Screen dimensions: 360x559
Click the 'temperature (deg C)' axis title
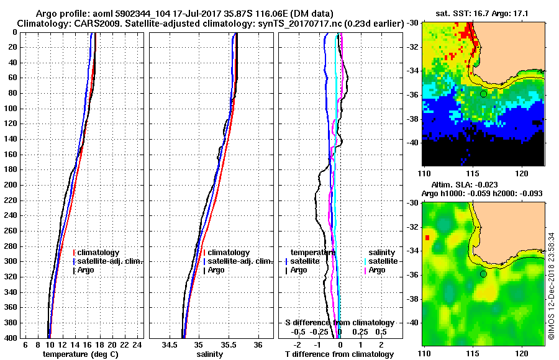(80, 354)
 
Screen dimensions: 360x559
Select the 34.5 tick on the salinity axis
(169, 344)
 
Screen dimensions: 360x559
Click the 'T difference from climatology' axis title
(340, 354)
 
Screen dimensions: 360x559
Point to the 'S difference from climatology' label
(340, 323)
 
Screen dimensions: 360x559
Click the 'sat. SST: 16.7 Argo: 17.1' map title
(484, 12)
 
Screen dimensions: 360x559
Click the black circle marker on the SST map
(483, 94)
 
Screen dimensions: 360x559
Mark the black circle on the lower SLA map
(483, 274)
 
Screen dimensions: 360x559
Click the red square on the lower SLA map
(427, 238)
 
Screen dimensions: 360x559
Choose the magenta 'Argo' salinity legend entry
(377, 270)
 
